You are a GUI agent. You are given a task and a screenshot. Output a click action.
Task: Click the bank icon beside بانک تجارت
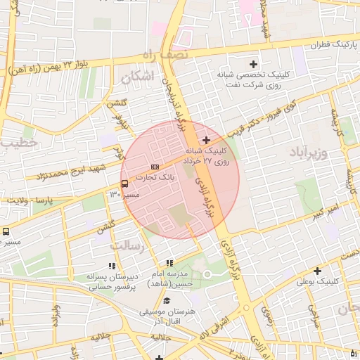click(x=155, y=167)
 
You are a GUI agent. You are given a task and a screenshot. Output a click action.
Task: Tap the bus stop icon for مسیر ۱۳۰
click(x=124, y=184)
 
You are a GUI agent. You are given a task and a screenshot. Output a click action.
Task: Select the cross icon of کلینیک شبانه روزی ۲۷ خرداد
click(x=206, y=141)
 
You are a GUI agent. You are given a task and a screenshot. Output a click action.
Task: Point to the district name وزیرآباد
click(x=309, y=151)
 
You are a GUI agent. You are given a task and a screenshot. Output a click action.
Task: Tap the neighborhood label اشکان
click(x=137, y=77)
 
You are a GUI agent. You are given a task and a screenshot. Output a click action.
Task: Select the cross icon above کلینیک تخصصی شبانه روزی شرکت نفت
click(x=254, y=65)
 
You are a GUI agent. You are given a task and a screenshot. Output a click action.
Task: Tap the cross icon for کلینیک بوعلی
click(x=317, y=271)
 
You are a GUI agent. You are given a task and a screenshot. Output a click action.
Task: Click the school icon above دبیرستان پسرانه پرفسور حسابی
click(x=111, y=266)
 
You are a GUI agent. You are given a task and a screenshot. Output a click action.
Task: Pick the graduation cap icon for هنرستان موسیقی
click(x=167, y=301)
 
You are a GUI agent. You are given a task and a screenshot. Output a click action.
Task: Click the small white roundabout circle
click(x=207, y=274)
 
